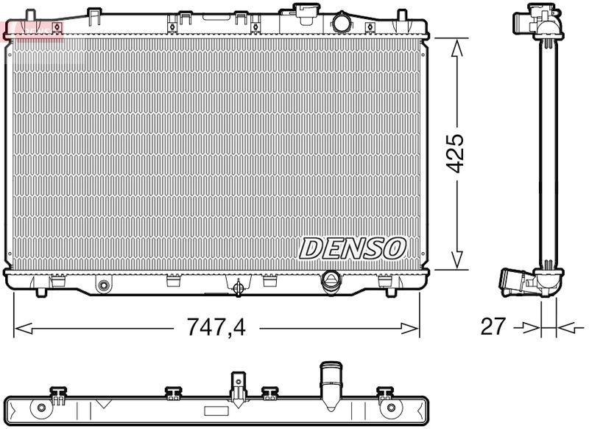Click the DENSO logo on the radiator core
[x=352, y=248]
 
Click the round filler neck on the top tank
[x=342, y=23]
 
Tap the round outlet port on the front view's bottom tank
[x=331, y=280]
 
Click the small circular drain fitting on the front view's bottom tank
[x=104, y=285]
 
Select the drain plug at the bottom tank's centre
[x=238, y=288]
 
